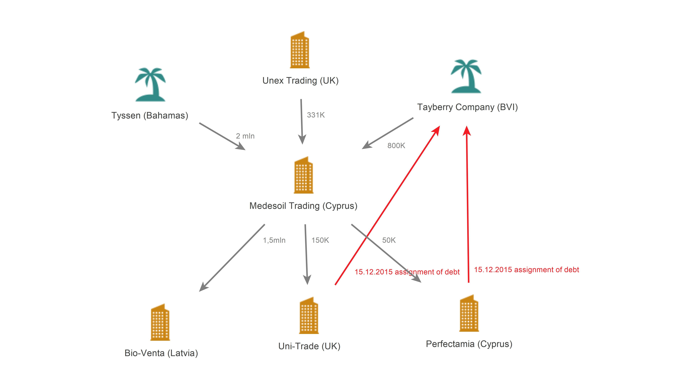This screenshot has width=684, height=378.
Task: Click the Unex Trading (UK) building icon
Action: click(300, 50)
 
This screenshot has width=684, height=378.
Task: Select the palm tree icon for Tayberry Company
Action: click(466, 76)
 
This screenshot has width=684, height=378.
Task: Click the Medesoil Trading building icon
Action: click(304, 175)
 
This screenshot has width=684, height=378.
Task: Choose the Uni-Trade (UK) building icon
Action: click(309, 315)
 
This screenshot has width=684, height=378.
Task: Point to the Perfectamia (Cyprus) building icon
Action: click(469, 313)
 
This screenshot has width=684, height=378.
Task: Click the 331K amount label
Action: click(316, 115)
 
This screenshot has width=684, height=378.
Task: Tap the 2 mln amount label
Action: click(245, 136)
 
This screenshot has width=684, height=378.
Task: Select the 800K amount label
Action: click(396, 146)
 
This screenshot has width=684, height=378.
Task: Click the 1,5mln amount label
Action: click(274, 240)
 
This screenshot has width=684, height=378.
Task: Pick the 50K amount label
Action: click(389, 240)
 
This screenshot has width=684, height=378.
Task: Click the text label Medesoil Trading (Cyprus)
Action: click(303, 206)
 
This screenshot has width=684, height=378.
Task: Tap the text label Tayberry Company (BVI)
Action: click(467, 107)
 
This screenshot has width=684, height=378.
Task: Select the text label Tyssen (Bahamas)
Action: click(150, 115)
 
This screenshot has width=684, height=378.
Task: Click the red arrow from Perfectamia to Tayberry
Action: click(468, 204)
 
